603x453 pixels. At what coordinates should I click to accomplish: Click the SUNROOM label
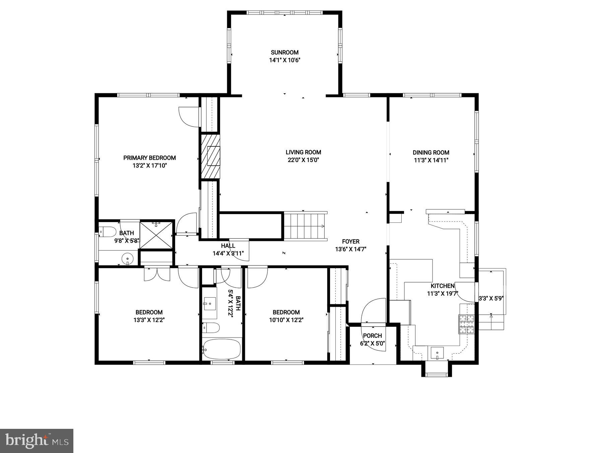point(284,52)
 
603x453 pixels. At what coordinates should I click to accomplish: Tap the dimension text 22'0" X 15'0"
point(303,160)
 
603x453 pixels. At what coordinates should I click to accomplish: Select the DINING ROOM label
point(431,152)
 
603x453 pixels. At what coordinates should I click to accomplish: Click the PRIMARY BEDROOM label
point(149,158)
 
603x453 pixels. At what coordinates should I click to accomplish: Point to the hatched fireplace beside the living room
point(210,156)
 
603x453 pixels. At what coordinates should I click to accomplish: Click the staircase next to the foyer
point(305,226)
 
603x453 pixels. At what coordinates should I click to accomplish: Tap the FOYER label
point(350,241)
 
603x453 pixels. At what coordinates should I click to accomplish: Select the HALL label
point(228,246)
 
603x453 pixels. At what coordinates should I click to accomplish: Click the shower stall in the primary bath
point(156,235)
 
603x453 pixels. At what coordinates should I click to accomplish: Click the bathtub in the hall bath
point(221,349)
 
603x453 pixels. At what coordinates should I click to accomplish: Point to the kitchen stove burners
point(467,324)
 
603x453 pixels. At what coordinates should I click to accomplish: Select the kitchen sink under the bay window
point(437,353)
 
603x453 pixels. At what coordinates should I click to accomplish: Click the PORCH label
point(373,336)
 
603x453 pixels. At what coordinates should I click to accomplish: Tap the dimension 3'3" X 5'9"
point(491,298)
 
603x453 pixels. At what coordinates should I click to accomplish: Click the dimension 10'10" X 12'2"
point(286,320)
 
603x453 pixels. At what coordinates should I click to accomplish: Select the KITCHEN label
point(442,286)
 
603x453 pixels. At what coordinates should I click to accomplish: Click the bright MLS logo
point(37,441)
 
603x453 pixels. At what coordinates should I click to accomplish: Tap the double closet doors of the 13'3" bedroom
point(157,273)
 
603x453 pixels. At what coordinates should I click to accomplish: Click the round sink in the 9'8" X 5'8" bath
point(127,259)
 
